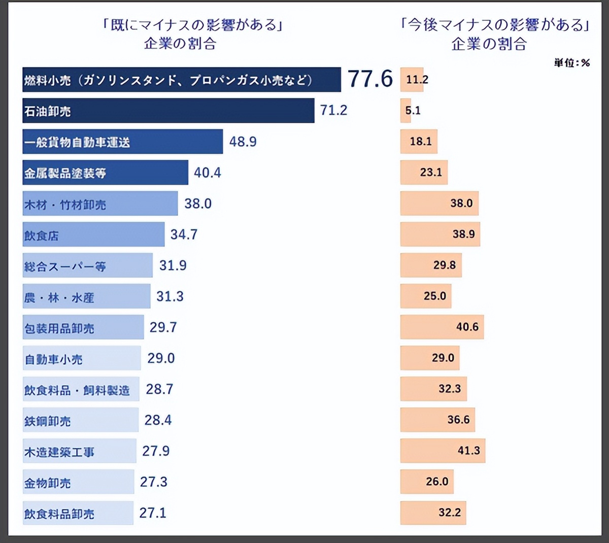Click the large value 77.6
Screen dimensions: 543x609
click(x=370, y=79)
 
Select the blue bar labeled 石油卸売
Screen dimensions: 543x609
click(x=168, y=111)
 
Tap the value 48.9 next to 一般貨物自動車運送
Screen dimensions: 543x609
click(x=243, y=142)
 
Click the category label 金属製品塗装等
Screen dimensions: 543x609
click(x=65, y=173)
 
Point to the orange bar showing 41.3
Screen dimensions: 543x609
click(x=442, y=451)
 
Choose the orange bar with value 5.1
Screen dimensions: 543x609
click(x=405, y=111)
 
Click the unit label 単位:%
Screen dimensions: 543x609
click(x=571, y=63)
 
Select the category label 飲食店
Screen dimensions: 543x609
click(x=41, y=235)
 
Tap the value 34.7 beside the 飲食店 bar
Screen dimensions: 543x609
click(x=184, y=234)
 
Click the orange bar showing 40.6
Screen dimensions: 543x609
click(x=442, y=327)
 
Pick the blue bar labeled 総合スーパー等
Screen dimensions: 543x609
click(x=87, y=265)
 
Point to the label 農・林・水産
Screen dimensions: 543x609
click(x=59, y=297)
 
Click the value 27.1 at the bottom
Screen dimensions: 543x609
click(x=153, y=513)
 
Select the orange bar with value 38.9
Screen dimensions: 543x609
click(x=439, y=234)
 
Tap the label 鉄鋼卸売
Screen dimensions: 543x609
click(x=47, y=421)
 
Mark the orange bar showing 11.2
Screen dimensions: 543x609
click(x=412, y=80)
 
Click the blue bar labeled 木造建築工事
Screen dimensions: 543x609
click(x=79, y=451)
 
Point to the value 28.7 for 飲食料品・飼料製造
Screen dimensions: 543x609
click(x=159, y=389)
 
